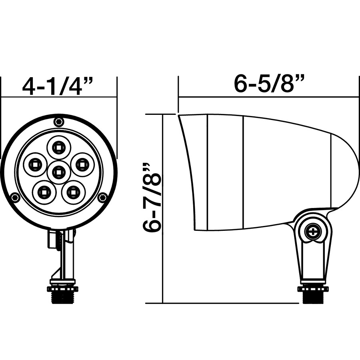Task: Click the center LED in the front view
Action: pos(58,172)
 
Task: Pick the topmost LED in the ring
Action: pos(58,147)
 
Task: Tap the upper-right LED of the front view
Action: pos(82,164)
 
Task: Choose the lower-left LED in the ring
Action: pos(44,192)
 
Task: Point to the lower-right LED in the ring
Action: pos(73,192)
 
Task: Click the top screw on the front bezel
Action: pos(59,122)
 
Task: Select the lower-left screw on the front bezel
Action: pos(15,197)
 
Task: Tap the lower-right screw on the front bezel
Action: pos(102,197)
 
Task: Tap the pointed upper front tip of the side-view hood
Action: pos(179,116)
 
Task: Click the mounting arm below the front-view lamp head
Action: pos(64,256)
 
